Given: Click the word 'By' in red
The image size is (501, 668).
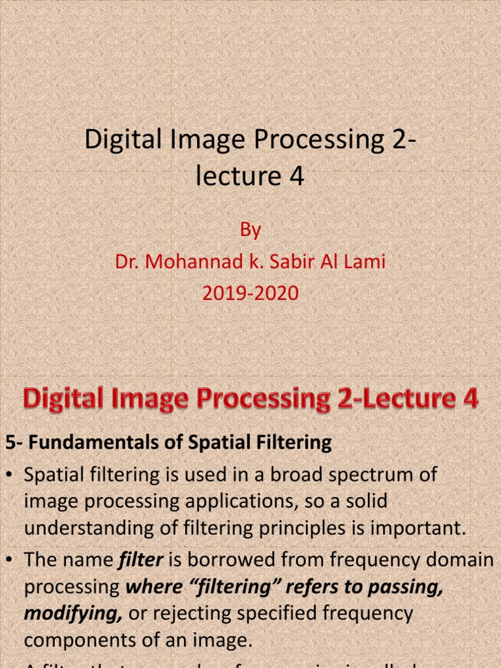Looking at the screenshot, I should click(x=250, y=230).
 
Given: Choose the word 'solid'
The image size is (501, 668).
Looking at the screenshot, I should click(x=363, y=502).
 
